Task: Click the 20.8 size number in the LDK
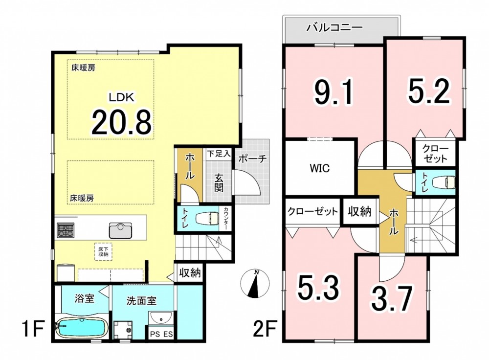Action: (121, 122)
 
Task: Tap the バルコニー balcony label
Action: (334, 28)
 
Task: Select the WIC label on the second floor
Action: (320, 168)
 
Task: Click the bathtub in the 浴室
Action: (82, 329)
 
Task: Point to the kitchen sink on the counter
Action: (120, 230)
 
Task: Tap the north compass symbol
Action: (255, 284)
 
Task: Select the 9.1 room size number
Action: (334, 92)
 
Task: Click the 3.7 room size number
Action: (390, 298)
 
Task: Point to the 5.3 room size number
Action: (317, 288)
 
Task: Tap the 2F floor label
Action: (265, 330)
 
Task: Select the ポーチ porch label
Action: (253, 159)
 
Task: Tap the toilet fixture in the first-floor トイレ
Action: (208, 218)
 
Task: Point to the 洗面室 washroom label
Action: (141, 301)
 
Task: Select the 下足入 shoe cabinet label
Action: (219, 154)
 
